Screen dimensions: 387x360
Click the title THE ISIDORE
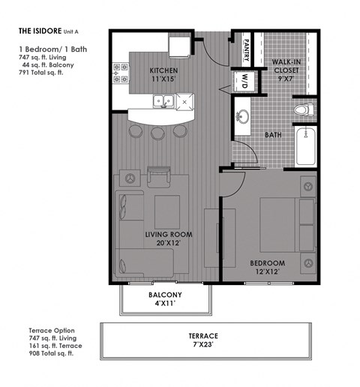pos(43,32)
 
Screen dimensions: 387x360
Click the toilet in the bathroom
pos(301,111)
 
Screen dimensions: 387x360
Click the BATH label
pos(272,136)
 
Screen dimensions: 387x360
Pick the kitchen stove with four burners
pos(118,72)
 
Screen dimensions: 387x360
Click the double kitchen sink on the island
pos(162,101)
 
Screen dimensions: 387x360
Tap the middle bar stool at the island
pos(157,133)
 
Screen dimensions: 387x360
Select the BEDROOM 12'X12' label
pos(268,267)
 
